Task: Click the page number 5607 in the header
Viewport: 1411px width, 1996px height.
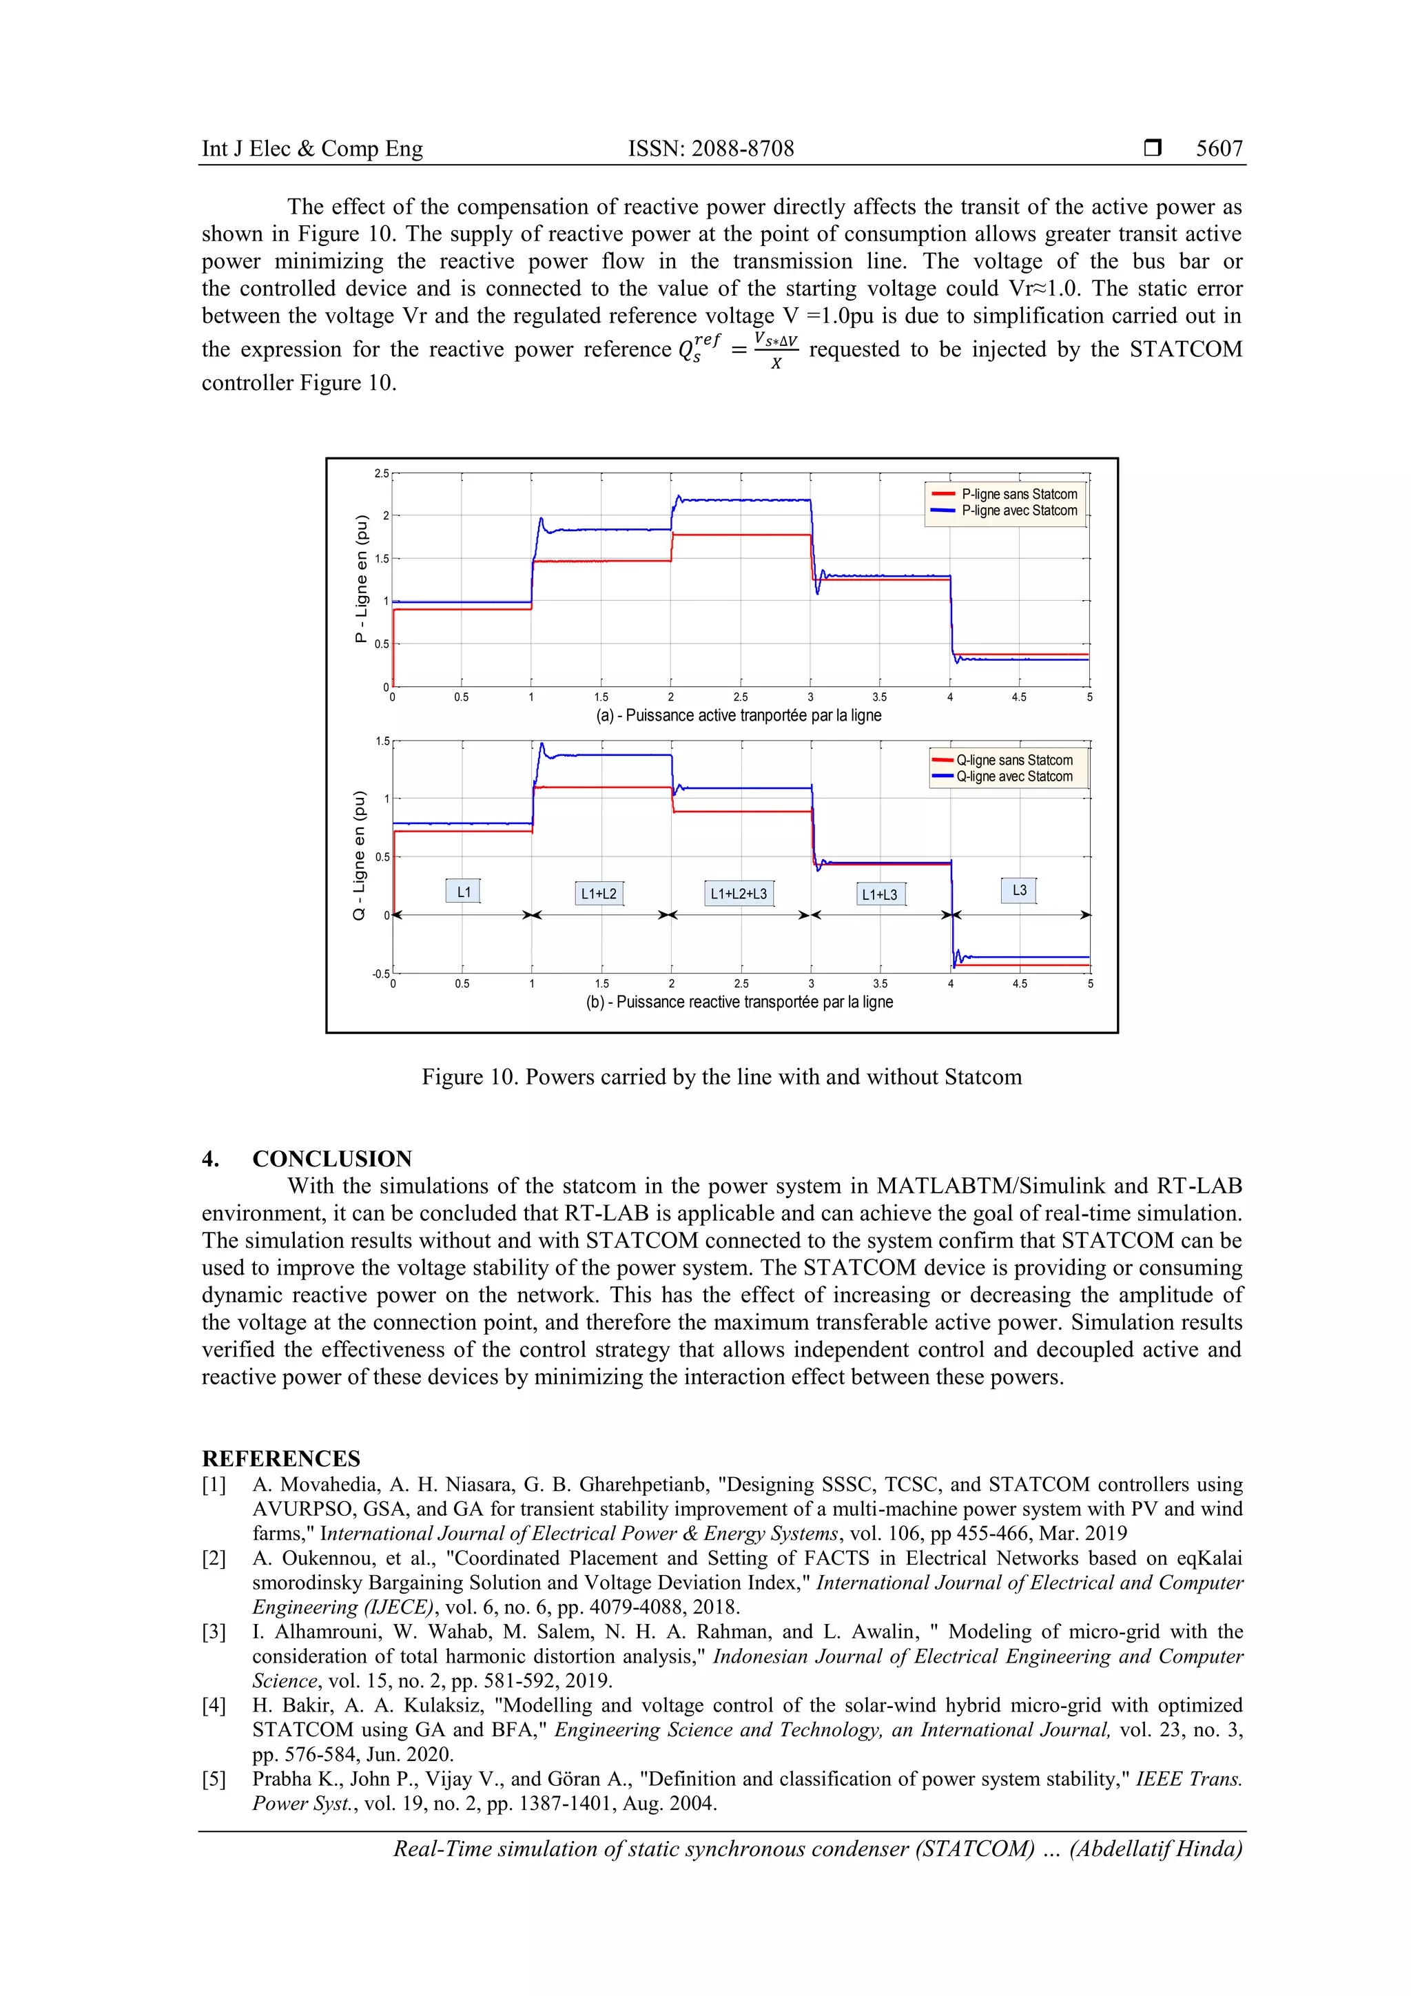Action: click(1219, 149)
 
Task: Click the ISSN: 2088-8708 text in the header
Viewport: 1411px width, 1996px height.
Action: click(710, 149)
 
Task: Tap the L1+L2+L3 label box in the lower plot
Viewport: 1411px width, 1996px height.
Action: click(738, 894)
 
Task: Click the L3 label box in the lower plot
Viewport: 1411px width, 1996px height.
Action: click(1019, 890)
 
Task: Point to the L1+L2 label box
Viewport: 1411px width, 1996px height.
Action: click(598, 894)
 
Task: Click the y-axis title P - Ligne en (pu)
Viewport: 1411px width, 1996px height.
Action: click(362, 579)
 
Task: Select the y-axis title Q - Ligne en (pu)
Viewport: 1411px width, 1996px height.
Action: click(359, 856)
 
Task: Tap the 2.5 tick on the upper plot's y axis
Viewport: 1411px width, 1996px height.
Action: click(382, 474)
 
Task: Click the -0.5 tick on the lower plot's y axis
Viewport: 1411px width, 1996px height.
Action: click(380, 974)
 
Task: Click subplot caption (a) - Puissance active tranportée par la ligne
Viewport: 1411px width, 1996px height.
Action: click(738, 715)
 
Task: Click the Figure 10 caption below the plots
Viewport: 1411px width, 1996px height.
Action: click(721, 1077)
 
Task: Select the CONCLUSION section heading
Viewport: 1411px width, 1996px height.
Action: click(331, 1159)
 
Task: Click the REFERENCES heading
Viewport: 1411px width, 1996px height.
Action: click(281, 1459)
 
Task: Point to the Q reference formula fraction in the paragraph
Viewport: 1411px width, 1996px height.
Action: click(776, 349)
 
